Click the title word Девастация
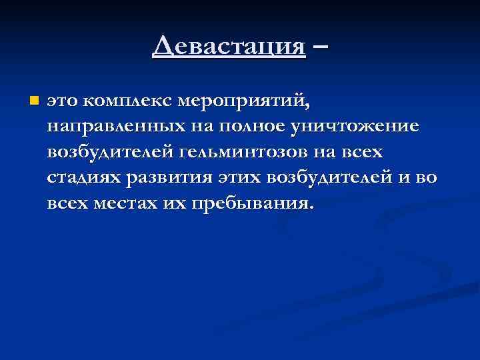coord(229,47)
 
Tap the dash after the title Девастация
coord(320,47)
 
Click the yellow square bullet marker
coord(34,101)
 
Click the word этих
coord(238,178)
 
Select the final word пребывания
coord(251,203)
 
